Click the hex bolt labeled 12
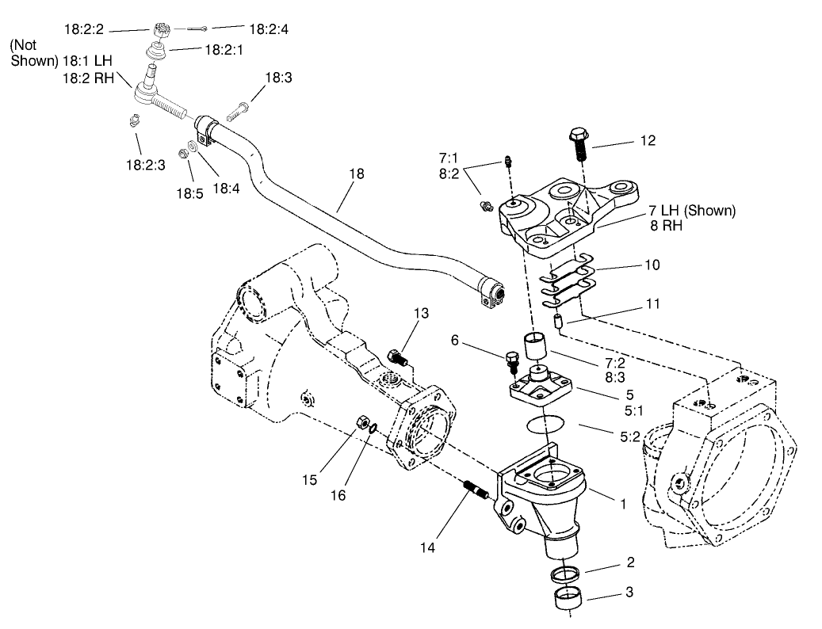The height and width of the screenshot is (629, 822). (x=578, y=142)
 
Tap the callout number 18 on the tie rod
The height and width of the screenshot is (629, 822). (x=357, y=173)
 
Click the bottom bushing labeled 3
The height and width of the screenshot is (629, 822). (x=564, y=598)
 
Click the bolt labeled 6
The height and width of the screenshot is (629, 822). (x=511, y=362)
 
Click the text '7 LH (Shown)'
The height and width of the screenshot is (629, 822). (x=692, y=211)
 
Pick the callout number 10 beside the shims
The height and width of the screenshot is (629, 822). (x=652, y=265)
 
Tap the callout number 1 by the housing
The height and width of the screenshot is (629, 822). (x=623, y=503)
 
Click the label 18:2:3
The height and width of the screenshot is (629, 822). (x=145, y=165)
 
